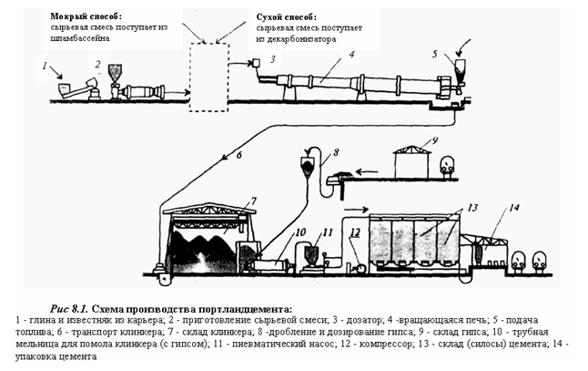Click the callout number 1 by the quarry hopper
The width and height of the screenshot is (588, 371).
44,66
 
